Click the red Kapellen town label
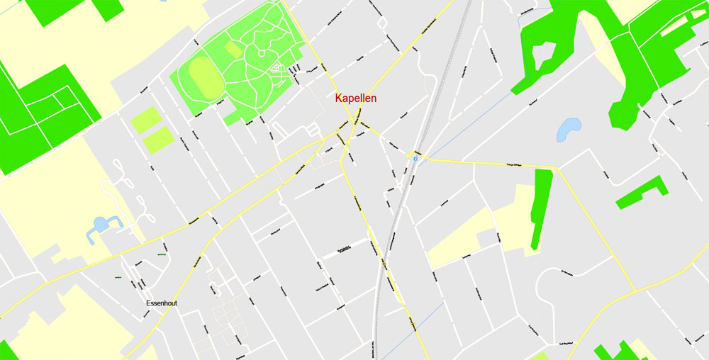(x=356, y=99)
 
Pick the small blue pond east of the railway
(x=569, y=129)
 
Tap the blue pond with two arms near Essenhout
(x=101, y=225)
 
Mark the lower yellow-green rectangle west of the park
(x=158, y=140)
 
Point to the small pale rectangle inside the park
(x=233, y=49)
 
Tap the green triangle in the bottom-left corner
(x=6, y=351)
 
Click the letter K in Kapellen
(x=339, y=99)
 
